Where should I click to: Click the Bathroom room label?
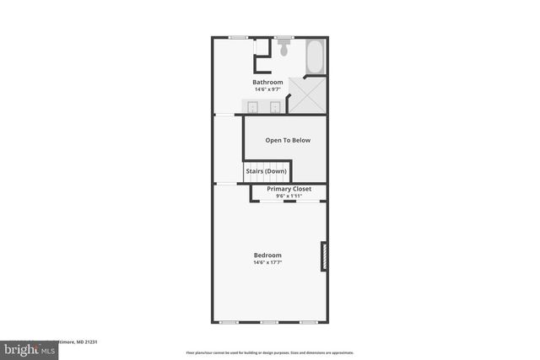[267, 82]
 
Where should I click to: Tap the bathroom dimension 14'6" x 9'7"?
[267, 89]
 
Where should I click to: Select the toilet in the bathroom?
[283, 49]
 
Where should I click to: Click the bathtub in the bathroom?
[315, 56]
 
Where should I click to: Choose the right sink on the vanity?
[275, 106]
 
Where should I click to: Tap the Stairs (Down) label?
[266, 171]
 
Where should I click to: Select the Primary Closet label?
[289, 189]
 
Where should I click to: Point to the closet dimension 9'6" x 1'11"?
[289, 196]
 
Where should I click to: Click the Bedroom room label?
[267, 255]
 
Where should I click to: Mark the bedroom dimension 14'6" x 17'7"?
[267, 262]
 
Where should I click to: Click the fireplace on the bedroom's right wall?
[324, 257]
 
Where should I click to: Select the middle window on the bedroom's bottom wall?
[268, 322]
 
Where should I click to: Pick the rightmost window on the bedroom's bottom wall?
[309, 322]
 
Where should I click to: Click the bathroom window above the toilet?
[283, 37]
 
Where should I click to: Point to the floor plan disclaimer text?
[269, 352]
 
